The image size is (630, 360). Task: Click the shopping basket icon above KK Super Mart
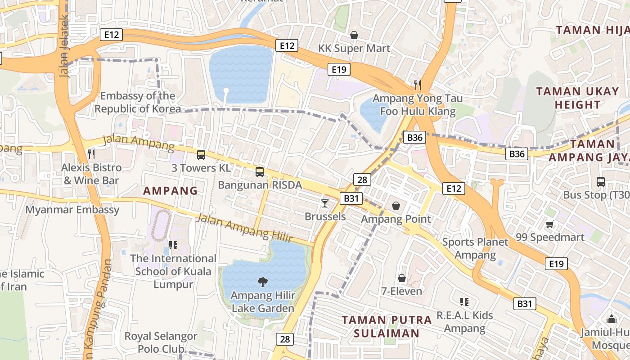[x=354, y=35]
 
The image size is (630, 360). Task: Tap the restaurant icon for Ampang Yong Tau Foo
[x=418, y=84]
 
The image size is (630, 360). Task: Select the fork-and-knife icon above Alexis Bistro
[x=91, y=154]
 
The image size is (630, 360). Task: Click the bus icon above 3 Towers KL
[x=201, y=155]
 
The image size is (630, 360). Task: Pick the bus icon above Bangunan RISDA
[x=259, y=171]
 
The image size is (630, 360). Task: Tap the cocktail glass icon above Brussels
[x=324, y=203]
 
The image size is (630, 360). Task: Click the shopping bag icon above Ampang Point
[x=396, y=206]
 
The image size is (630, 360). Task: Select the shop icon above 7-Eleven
[x=401, y=278]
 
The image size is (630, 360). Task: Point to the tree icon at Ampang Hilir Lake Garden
[x=262, y=282]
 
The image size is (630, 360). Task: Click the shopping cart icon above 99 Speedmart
[x=549, y=224]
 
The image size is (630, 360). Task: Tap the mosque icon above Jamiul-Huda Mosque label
[x=611, y=319]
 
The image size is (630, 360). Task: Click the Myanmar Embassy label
[x=72, y=210]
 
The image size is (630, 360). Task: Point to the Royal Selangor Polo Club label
[x=161, y=342]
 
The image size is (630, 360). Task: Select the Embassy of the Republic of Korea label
[x=137, y=102]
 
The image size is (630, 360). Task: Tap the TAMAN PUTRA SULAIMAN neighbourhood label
[x=387, y=327]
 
